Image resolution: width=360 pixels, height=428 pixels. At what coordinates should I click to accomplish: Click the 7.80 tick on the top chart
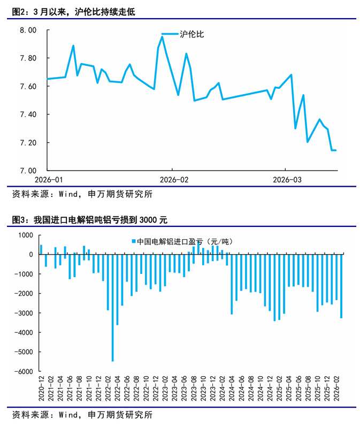pos(27,58)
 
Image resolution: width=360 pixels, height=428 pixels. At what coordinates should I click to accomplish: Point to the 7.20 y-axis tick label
pos(27,142)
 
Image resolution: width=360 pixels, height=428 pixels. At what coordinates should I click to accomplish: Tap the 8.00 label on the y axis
pos(27,30)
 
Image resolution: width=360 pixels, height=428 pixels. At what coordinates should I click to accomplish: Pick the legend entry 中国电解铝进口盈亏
pos(182,241)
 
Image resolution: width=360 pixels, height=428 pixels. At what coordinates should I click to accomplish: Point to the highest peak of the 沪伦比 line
pos(162,37)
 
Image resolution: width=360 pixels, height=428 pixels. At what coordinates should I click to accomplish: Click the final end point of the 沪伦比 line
pos(335,150)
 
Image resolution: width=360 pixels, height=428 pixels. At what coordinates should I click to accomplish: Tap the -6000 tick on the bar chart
pos(24,371)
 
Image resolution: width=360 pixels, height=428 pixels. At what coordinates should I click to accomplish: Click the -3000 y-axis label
pos(24,313)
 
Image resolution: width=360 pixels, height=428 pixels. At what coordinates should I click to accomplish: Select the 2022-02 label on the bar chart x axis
pos(108,392)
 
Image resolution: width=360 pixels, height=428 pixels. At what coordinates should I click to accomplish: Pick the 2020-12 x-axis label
pos(41,392)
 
